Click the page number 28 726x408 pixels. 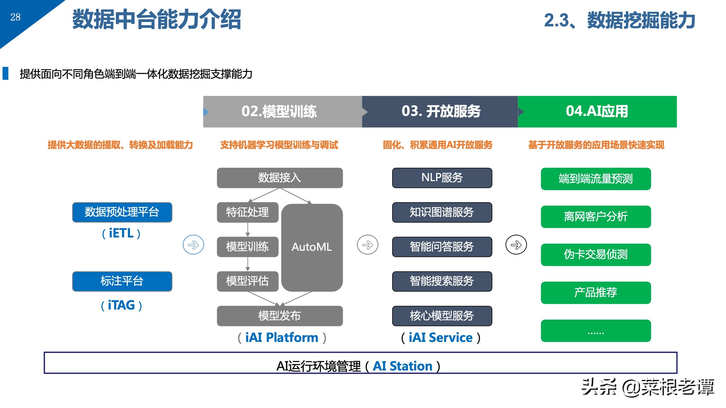coord(16,17)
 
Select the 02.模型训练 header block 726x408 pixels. coord(282,112)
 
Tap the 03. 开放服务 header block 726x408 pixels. coord(440,112)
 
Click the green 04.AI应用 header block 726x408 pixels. coord(597,112)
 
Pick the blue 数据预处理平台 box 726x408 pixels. coord(122,212)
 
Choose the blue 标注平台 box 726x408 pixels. coord(122,281)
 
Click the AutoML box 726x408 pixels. coord(312,247)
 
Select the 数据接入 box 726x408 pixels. coord(280,178)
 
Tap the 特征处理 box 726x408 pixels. coord(248,212)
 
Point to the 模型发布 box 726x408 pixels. coord(280,316)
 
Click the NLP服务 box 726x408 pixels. coord(442,178)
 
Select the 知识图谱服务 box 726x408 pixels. coord(442,212)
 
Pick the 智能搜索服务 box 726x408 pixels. coord(442,281)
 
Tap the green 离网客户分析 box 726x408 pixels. coord(596,217)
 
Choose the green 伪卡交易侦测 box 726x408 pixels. coord(596,255)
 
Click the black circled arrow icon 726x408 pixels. coord(516,245)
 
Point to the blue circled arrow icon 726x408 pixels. coord(193,245)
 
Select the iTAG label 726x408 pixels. coord(121,305)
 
